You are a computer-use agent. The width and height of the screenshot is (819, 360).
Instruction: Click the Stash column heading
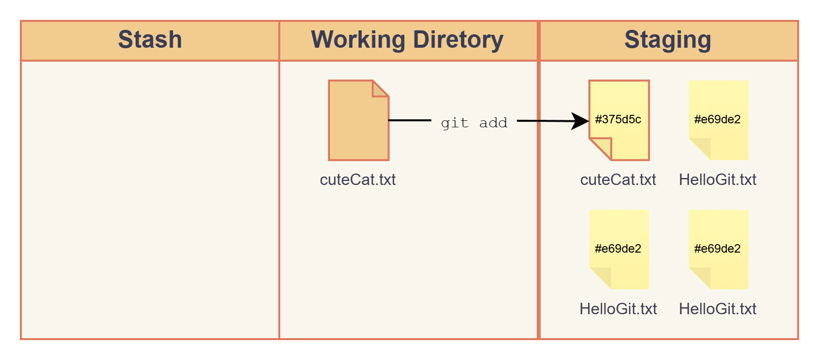[x=150, y=40]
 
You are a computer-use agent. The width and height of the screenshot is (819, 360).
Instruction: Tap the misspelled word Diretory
[x=458, y=40]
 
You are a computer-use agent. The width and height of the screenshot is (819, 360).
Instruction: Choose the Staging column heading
[x=667, y=40]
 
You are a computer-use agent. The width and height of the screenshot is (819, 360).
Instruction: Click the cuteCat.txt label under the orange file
[x=358, y=180]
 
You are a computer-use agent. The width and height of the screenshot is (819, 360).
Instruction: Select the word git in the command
[x=454, y=123]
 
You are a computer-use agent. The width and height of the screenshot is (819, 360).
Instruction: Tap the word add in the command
[x=493, y=123]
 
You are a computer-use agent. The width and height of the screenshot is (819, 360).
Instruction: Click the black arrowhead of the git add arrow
[x=580, y=121]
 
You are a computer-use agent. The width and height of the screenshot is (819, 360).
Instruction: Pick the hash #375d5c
[x=618, y=119]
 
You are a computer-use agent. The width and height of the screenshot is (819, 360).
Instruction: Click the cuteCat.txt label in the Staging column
[x=618, y=180]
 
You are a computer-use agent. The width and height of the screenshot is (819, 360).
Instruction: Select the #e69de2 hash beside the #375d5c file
[x=718, y=119]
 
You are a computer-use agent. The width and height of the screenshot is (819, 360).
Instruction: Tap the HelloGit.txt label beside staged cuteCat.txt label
[x=718, y=180]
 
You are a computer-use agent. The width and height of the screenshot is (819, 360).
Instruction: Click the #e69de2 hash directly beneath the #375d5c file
[x=618, y=249]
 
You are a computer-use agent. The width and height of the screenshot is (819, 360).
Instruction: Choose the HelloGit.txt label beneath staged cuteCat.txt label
[x=618, y=309]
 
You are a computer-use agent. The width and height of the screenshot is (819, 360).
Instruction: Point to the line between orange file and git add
[x=409, y=120]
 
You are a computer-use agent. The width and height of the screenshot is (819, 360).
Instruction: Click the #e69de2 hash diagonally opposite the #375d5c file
[x=718, y=249]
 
